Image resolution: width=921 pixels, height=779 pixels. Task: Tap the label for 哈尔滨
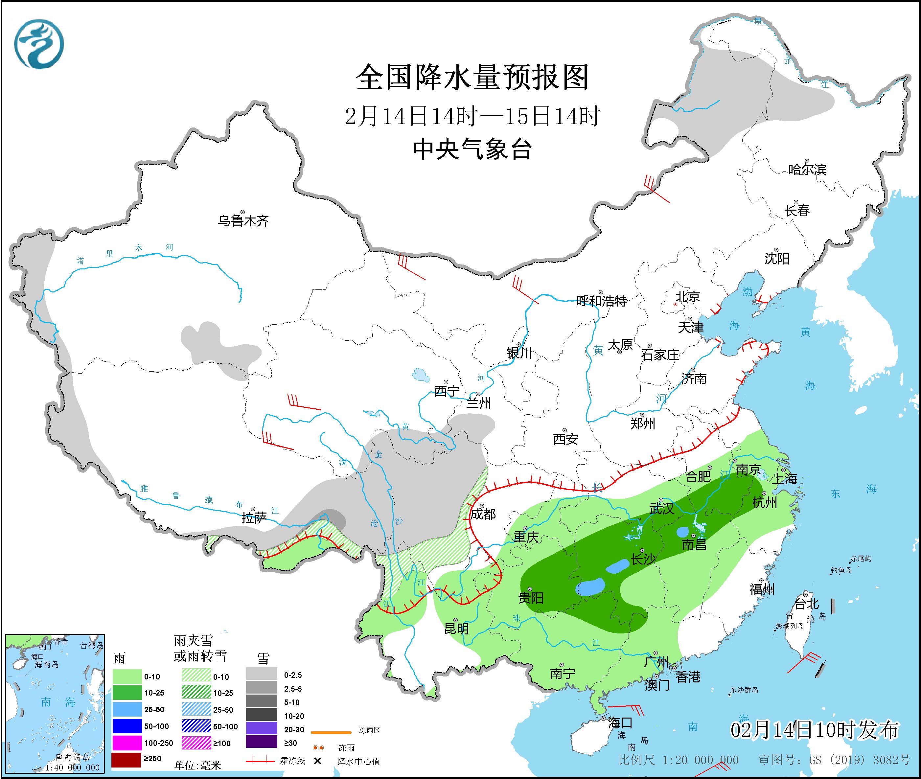807,170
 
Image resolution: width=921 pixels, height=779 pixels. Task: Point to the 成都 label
483,514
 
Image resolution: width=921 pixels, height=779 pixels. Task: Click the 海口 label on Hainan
620,723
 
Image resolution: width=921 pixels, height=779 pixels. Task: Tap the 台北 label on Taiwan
807,604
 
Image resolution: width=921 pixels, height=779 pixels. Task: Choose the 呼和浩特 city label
602,301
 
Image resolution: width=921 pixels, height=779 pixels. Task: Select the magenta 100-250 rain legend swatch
126,743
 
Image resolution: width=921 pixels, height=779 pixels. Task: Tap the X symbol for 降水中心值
317,761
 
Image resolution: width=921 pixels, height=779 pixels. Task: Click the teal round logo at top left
39,44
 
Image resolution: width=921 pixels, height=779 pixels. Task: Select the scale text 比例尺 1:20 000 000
678,760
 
